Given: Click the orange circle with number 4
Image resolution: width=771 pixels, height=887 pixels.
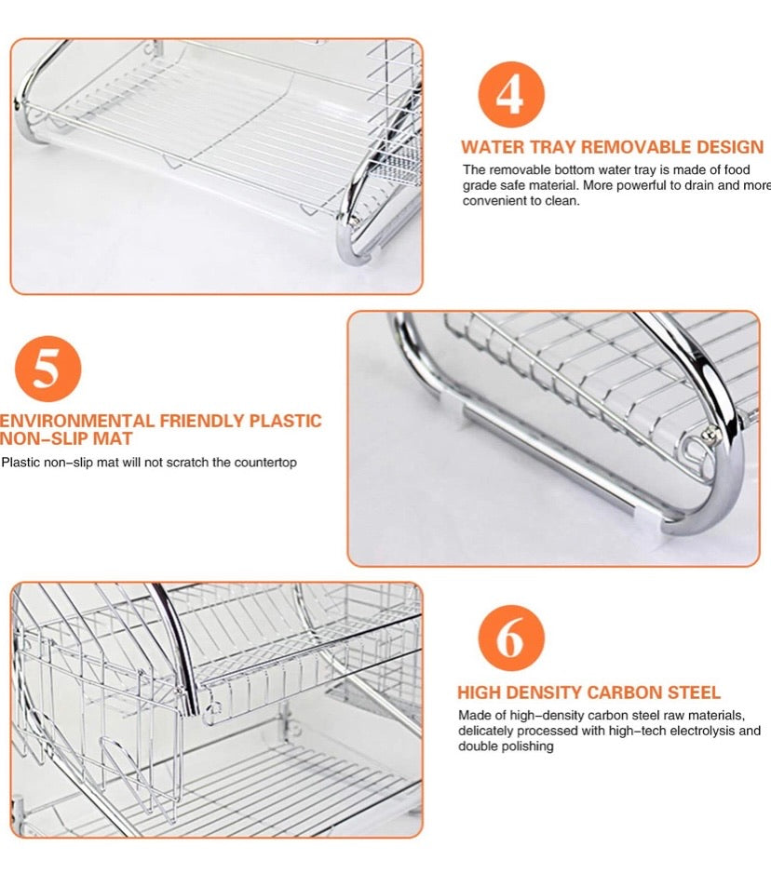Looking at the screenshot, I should pos(510,94).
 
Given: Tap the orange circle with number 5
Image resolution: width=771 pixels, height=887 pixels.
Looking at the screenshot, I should pos(46,370).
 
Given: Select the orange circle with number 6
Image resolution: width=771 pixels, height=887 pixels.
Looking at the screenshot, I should pos(510,639).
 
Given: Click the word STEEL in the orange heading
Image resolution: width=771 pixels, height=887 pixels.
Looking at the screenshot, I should pos(691,693).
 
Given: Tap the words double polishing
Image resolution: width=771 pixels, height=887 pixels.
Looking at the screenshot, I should pos(506,746).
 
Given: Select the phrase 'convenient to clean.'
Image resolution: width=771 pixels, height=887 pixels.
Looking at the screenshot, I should pos(521,201).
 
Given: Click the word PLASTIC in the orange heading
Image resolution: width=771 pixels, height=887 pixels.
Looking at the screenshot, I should pos(286,421).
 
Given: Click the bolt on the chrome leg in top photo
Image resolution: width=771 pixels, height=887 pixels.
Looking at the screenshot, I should pos(353,220).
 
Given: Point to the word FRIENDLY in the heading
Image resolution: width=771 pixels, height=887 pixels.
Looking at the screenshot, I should pos(201,421).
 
